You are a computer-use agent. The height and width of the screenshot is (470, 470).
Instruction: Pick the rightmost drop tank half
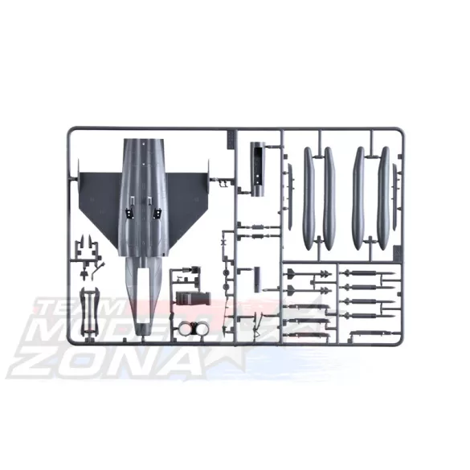tap(384, 197)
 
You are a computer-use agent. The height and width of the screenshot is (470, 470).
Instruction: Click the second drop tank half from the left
tap(329, 197)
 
